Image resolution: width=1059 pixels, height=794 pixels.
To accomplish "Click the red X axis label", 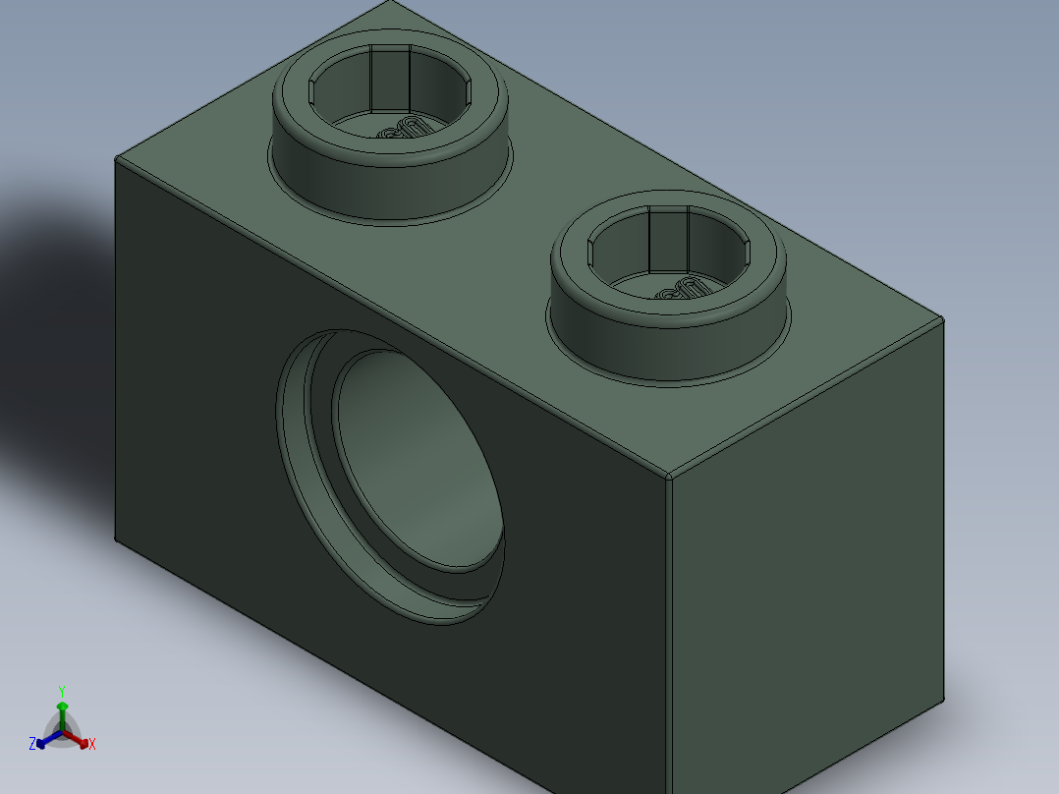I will [x=91, y=744].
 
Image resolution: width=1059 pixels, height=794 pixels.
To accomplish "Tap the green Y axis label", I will [x=62, y=691].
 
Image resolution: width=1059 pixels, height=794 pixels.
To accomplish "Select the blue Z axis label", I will [x=32, y=744].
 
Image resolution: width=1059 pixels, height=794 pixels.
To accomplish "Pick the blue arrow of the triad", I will [x=44, y=740].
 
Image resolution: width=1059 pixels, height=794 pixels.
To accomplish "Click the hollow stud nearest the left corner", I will [x=390, y=138].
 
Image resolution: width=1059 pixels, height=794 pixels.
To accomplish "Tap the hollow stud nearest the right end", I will [x=668, y=295].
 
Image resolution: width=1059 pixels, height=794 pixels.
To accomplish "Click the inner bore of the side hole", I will [x=418, y=457].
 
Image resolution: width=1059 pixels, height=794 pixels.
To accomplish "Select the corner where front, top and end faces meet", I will [x=668, y=478].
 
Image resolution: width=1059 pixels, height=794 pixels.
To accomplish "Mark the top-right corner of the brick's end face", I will [x=943, y=319].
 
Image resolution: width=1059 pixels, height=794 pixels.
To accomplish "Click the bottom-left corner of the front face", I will [x=116, y=539].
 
